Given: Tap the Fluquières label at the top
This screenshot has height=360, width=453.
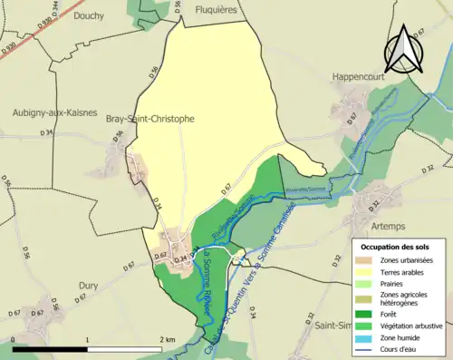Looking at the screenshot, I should coord(222,9).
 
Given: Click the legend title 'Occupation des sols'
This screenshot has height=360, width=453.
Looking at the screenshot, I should coord(397,247).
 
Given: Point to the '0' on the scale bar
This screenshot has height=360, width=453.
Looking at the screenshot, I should coord(14,339).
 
